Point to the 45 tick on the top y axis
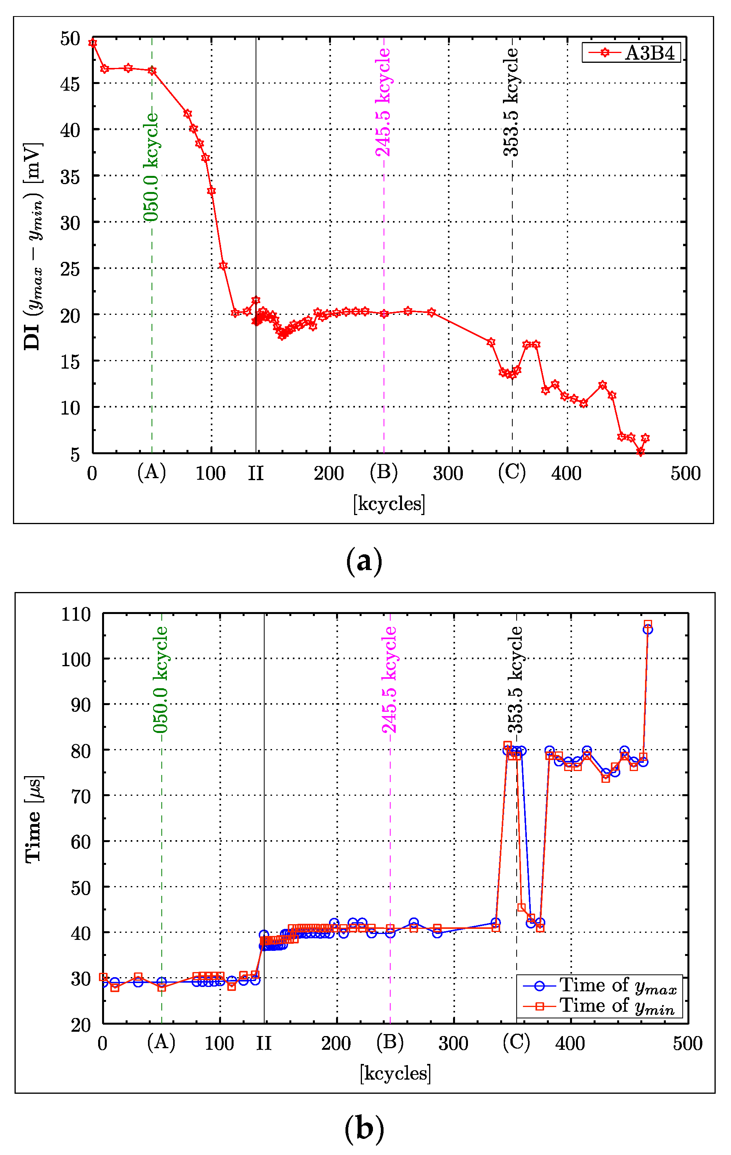[70, 84]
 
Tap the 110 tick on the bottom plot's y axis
[76, 614]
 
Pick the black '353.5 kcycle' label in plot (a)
[511, 102]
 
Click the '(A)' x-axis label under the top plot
[152, 472]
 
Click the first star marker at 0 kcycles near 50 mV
[93, 43]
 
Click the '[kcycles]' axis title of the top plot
[389, 504]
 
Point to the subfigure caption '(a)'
[365, 560]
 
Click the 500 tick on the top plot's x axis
[685, 474]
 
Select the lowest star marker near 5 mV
[640, 452]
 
